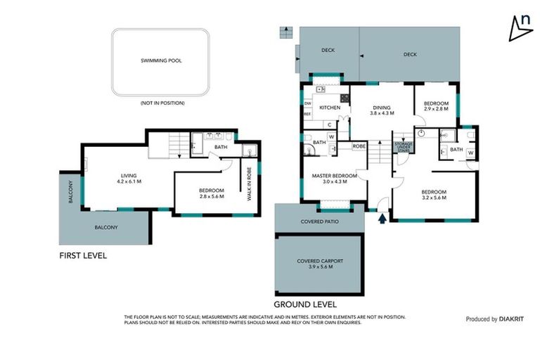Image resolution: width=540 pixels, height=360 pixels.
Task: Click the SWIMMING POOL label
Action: pos(161,61)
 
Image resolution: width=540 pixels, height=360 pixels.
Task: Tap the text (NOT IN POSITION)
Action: pos(161,103)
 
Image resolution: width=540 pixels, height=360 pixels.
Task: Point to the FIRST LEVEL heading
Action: pos(83,256)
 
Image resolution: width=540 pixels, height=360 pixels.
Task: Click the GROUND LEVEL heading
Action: pos(304,304)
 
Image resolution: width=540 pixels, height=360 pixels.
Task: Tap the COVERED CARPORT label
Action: pos(319,261)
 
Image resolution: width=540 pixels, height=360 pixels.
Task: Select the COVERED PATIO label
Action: pos(319,221)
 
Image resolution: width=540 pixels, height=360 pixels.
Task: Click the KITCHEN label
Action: pos(330,108)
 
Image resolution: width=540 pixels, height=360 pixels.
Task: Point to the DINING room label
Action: pos(382,108)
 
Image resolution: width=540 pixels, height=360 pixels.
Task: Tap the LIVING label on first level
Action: pos(127,175)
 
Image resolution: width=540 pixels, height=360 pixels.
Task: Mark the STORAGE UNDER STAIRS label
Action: pos(404,146)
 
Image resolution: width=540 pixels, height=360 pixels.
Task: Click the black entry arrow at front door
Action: pos(382,219)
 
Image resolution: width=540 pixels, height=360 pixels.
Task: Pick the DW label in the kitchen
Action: pos(307,103)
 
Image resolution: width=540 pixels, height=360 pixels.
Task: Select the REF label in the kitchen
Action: pos(307,112)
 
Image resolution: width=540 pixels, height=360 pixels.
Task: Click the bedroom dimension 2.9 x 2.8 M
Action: pos(435,110)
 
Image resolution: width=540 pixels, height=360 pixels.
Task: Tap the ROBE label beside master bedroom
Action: pos(359,146)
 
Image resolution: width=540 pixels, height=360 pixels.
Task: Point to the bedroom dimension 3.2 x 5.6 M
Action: pos(433,198)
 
